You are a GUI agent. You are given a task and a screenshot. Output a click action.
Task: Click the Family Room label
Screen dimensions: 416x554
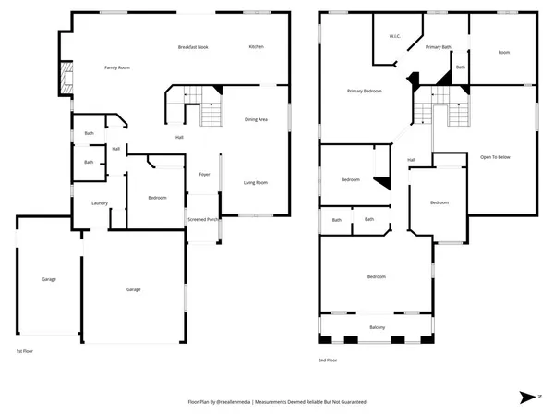116,67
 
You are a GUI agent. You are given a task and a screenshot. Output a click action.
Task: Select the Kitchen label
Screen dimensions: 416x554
258,47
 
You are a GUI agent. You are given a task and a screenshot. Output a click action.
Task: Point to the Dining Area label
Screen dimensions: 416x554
256,119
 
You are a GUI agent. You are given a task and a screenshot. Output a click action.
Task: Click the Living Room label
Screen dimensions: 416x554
255,183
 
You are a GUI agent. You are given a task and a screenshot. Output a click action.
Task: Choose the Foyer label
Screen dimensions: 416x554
204,174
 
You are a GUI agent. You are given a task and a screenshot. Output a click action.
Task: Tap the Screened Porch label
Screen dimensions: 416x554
203,220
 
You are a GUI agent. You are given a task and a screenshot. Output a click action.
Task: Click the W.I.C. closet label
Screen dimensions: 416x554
395,38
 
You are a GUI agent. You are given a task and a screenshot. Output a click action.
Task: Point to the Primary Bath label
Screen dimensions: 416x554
439,47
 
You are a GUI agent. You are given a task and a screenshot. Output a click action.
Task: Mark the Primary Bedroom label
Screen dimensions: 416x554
365,92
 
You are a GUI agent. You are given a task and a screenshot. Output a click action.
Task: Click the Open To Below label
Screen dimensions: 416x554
496,157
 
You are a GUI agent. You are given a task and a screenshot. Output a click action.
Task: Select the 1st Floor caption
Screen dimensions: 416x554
24,351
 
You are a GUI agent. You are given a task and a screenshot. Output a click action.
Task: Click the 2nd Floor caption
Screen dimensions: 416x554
327,360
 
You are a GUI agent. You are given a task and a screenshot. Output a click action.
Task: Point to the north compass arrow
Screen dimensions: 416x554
526,397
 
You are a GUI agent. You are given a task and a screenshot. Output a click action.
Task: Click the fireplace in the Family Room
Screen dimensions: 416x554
65,80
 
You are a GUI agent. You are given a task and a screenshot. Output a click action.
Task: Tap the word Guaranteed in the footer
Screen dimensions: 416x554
350,403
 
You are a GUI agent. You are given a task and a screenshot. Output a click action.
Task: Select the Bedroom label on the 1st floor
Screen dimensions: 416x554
156,198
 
